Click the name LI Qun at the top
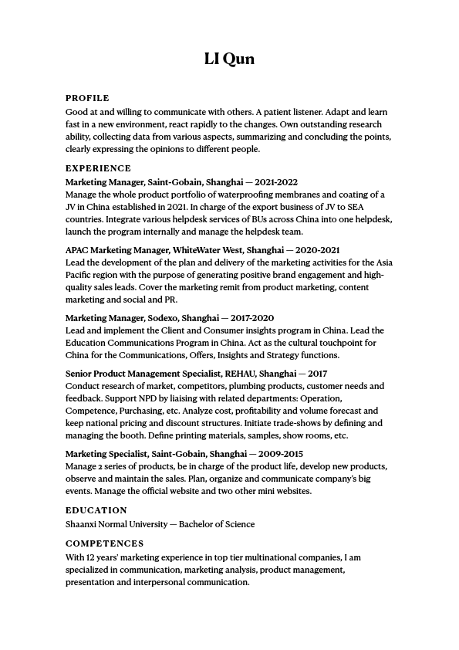click(229, 59)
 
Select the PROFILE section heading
click(87, 98)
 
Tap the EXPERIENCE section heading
click(98, 168)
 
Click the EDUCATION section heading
click(96, 510)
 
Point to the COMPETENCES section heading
click(104, 543)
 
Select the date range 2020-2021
click(319, 250)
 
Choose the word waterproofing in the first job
click(251, 195)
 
